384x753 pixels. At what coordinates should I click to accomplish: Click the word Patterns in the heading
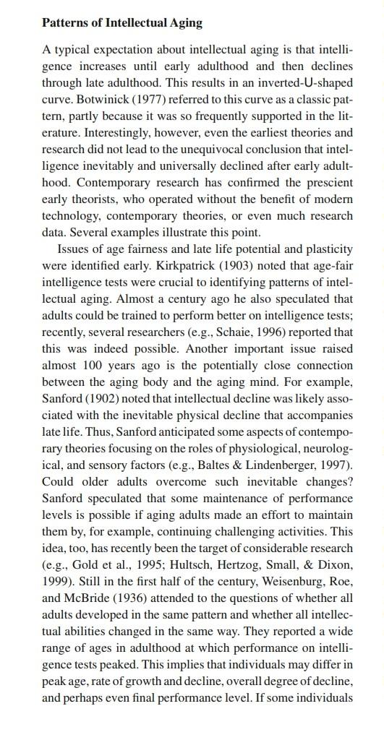pyautogui.click(x=64, y=22)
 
